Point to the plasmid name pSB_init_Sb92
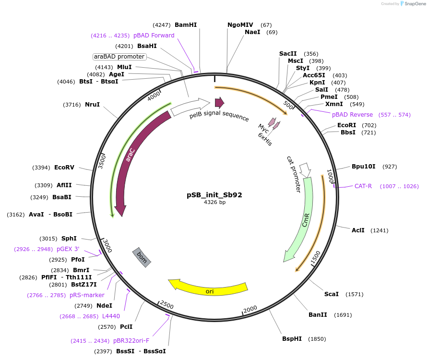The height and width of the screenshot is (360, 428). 214,195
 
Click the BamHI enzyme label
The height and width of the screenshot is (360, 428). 186,25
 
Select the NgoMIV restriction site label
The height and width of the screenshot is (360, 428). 242,25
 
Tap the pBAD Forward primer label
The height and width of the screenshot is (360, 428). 154,35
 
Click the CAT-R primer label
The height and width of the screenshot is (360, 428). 363,186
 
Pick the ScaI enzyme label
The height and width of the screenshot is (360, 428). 332,294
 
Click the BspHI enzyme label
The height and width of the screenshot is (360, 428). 292,339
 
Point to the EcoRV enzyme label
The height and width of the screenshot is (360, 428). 64,168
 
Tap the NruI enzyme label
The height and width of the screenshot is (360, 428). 93,105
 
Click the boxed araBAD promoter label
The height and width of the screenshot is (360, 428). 119,57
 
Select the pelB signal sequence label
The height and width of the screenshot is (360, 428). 219,116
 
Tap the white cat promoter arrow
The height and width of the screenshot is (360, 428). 305,169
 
